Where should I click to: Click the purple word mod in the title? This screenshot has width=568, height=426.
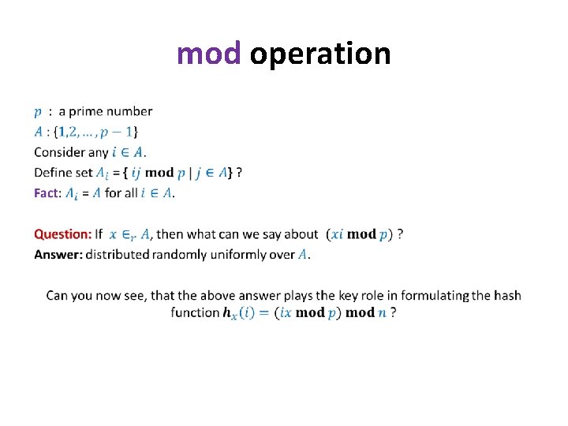tap(208, 54)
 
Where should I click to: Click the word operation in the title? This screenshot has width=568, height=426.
tap(320, 54)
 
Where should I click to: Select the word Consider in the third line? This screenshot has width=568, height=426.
tap(60, 151)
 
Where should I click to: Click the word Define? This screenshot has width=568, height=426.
tap(54, 172)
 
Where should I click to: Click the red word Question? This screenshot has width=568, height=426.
tap(62, 234)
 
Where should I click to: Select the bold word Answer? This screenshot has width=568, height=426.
tap(58, 254)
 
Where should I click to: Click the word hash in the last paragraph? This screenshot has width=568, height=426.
tap(507, 295)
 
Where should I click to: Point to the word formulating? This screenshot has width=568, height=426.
tap(435, 295)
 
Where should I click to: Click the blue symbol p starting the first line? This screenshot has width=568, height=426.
tap(38, 112)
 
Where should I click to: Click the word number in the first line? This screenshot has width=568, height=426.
tap(132, 111)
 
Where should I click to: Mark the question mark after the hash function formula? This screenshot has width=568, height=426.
tap(393, 312)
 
